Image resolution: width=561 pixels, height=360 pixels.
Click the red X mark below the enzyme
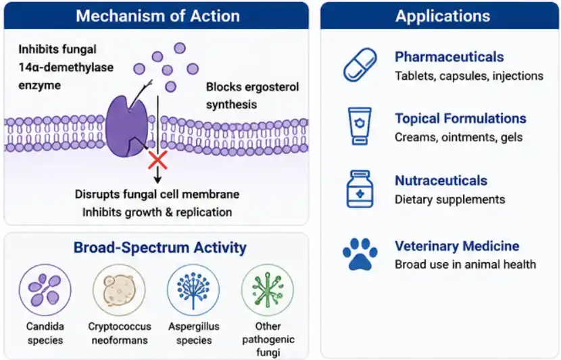tap(157, 160)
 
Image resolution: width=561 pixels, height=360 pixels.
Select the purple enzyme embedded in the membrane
tap(126, 127)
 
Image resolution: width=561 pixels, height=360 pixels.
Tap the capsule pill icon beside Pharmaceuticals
tap(360, 65)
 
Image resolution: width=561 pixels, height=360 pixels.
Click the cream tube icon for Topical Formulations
tap(360, 126)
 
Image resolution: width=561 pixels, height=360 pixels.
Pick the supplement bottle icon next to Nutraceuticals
tap(360, 189)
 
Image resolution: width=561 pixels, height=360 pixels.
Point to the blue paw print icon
tap(360, 254)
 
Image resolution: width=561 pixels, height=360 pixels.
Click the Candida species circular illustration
tap(45, 290)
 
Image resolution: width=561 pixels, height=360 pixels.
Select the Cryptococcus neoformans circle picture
tap(119, 290)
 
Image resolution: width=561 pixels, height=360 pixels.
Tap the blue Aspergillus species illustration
tap(193, 290)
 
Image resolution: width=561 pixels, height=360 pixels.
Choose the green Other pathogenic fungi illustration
tap(268, 290)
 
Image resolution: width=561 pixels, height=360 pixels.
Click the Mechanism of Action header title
tap(157, 16)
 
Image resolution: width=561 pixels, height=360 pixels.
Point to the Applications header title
tap(443, 16)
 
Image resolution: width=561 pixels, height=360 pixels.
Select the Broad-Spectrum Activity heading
tap(160, 247)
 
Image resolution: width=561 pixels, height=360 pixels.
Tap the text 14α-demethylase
tap(66, 68)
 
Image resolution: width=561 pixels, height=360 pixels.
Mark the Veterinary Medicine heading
tap(457, 246)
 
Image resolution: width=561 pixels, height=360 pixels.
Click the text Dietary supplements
tap(449, 199)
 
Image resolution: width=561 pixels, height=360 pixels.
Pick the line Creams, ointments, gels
tap(459, 137)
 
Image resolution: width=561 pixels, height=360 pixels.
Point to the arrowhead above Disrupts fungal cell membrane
tap(157, 180)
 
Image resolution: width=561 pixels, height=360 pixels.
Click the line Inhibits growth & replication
tap(157, 212)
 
